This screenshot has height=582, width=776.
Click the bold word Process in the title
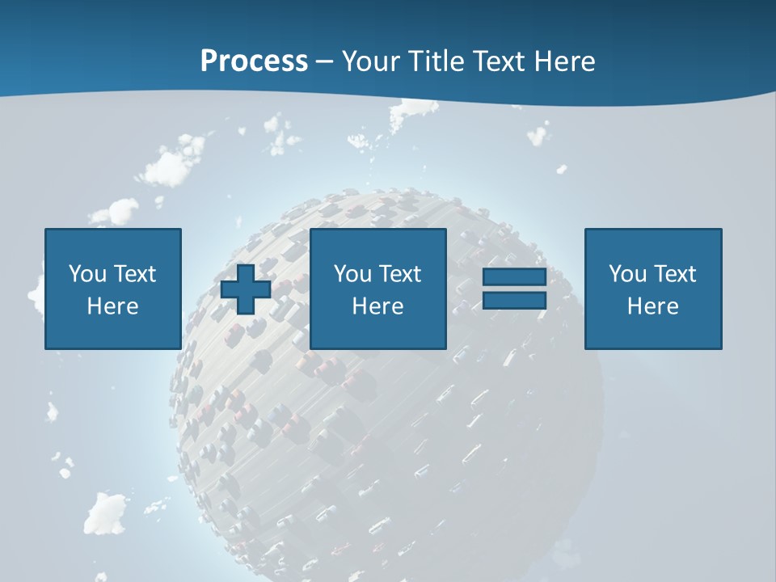(x=254, y=61)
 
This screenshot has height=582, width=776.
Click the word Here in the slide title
(x=567, y=61)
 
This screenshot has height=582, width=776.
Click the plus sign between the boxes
(x=246, y=289)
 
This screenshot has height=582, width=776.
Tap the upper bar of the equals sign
(x=514, y=277)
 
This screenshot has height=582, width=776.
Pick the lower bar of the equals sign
(x=514, y=301)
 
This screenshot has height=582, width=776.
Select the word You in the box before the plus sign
(x=87, y=274)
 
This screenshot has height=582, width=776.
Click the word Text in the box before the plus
(x=134, y=274)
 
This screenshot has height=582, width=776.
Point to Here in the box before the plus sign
(x=112, y=306)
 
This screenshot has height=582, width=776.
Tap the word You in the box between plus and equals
(x=352, y=274)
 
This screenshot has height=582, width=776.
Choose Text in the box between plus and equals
(x=399, y=274)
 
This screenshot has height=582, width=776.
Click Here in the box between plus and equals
(x=377, y=306)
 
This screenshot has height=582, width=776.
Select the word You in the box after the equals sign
(x=627, y=274)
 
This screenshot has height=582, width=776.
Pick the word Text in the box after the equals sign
(x=674, y=274)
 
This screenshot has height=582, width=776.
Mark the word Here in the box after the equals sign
(x=652, y=306)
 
